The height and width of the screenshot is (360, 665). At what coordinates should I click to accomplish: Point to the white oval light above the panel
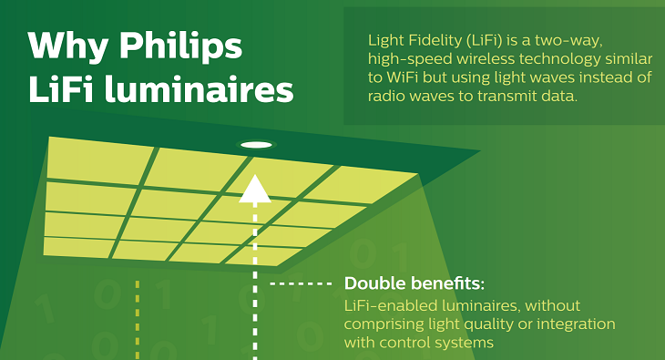(x=256, y=145)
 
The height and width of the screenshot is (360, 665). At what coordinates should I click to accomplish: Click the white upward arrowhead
(x=256, y=189)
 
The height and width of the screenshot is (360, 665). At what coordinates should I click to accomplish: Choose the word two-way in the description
(x=596, y=41)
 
